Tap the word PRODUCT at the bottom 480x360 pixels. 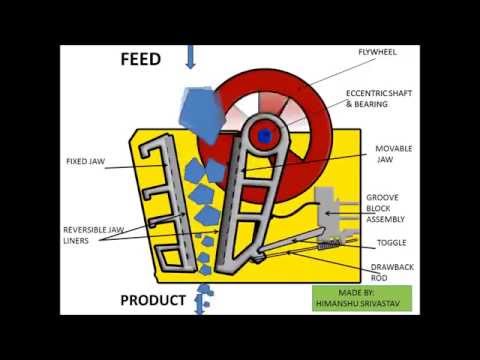[152, 300]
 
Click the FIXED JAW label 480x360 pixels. [85, 160]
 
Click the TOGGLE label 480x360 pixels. [390, 243]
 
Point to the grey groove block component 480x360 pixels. [329, 210]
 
